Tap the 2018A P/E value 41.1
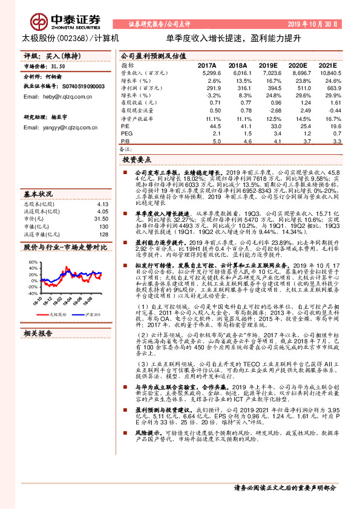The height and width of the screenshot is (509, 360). pos(237,126)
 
